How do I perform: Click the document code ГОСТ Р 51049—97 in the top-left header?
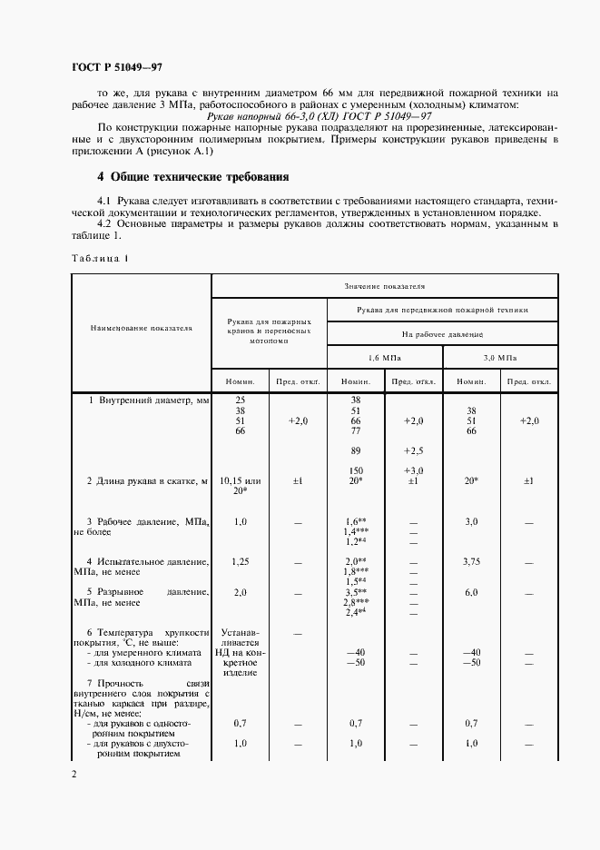[x=116, y=66]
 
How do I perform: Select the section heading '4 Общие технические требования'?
[x=193, y=176]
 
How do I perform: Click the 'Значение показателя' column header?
[x=385, y=286]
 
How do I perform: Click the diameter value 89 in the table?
[x=355, y=450]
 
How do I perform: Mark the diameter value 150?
[x=355, y=469]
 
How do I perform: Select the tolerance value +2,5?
[x=413, y=450]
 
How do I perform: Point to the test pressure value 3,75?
[x=470, y=562]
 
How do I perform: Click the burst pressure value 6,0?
[x=470, y=592]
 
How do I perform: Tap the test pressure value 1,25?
[x=241, y=562]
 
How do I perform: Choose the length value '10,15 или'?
[x=241, y=479]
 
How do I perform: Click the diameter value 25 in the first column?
[x=241, y=400]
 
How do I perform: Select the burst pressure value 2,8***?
[x=355, y=602]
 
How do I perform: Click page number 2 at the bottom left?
[x=74, y=774]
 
